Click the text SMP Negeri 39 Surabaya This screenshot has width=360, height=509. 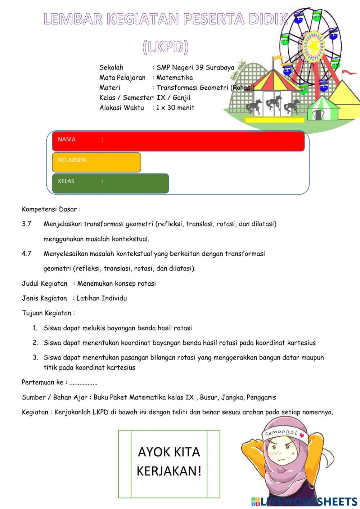click(x=195, y=67)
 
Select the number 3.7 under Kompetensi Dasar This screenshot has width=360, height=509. click(x=27, y=224)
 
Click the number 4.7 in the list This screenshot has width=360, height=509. click(x=27, y=254)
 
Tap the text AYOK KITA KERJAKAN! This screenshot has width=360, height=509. click(x=169, y=461)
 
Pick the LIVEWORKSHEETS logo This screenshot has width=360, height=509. click(x=304, y=501)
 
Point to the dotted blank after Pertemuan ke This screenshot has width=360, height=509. click(x=84, y=383)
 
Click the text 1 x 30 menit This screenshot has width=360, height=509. click(x=175, y=108)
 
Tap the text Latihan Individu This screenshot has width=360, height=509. click(x=102, y=298)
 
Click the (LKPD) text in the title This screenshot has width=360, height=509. click(x=165, y=47)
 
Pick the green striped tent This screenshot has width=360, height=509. click(x=322, y=108)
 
